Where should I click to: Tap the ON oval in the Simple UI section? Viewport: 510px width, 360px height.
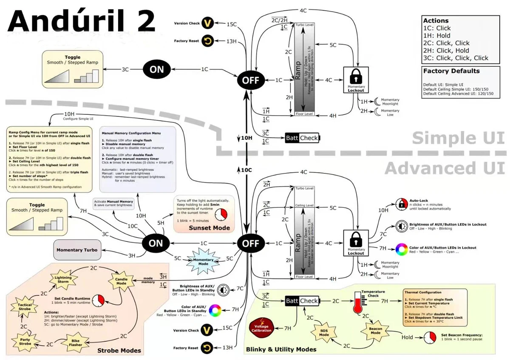pos(157,70)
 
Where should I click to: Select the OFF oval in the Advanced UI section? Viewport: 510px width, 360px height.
pos(251,243)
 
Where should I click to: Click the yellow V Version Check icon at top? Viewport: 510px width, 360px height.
pos(207,23)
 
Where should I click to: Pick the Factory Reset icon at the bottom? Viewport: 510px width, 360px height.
pos(207,348)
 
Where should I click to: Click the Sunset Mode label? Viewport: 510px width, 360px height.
pos(210,228)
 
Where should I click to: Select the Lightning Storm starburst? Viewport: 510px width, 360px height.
pos(63,279)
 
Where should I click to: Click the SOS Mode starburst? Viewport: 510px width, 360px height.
pos(324,332)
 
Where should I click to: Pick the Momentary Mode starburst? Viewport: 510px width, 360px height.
pos(204,261)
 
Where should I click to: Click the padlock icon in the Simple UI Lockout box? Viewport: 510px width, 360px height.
pos(356,78)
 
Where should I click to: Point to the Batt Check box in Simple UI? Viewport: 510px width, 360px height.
pos(302,138)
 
